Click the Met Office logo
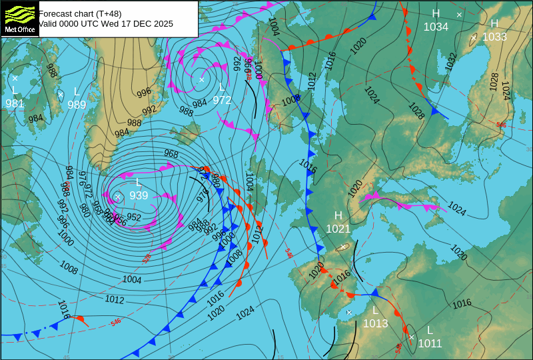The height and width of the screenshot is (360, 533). click(19, 18)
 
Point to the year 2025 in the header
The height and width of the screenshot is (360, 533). click(163, 24)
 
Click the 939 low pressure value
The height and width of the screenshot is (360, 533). click(139, 195)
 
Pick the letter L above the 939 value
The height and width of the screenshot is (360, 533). click(139, 183)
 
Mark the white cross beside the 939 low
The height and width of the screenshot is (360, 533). click(118, 197)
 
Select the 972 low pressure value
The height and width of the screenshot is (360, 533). click(222, 100)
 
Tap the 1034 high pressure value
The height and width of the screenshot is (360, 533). click(436, 27)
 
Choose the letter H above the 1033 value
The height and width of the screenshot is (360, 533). click(494, 24)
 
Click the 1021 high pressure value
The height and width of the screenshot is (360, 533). click(338, 229)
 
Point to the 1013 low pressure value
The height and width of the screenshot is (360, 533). click(375, 324)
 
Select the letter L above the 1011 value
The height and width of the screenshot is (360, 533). click(430, 331)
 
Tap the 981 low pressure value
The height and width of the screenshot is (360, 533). click(15, 103)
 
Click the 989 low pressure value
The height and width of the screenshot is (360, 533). click(77, 105)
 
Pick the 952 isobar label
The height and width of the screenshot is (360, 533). click(134, 217)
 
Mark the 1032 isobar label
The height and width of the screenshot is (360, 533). click(451, 62)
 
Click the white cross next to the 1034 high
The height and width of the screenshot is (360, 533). click(459, 14)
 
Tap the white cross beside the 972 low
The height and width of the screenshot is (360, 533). click(201, 79)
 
